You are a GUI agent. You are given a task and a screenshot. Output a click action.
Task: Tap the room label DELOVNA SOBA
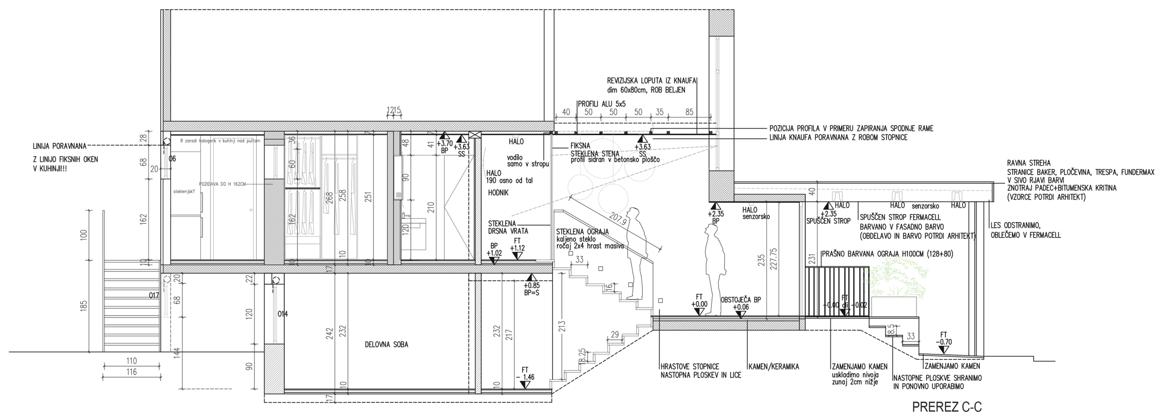[387, 345]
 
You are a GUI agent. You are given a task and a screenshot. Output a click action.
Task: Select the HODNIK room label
[498, 192]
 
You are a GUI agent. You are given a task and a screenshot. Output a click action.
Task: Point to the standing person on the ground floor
[713, 271]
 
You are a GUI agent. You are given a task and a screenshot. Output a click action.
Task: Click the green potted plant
[889, 283]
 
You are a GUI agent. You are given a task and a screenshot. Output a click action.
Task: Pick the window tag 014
[282, 314]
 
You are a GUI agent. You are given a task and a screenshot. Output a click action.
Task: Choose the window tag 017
[154, 295]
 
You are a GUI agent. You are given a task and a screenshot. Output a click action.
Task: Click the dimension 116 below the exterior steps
[132, 372]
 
